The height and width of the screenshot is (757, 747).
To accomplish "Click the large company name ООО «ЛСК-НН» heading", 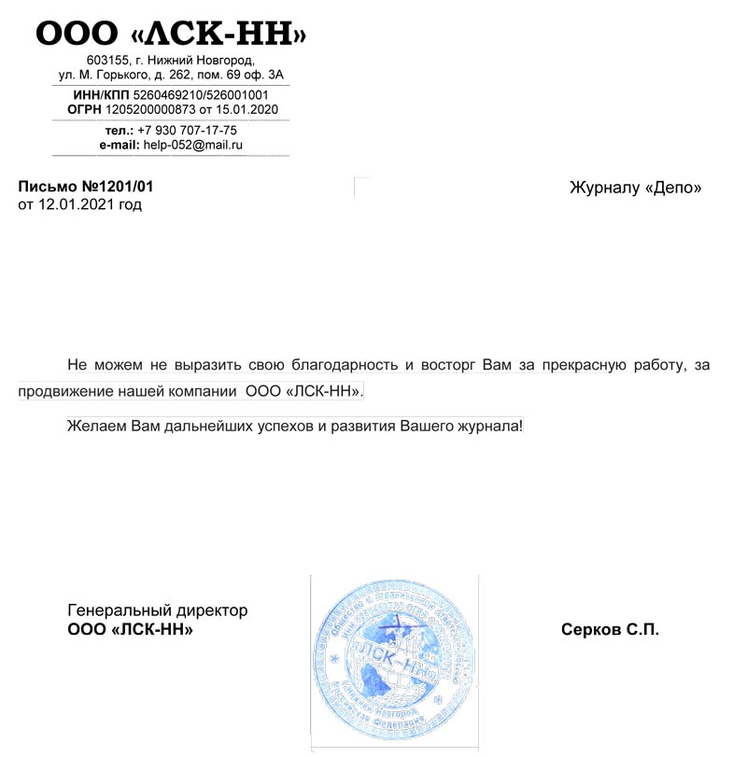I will pos(171,35).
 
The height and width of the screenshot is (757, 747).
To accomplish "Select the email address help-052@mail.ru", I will pos(192,145).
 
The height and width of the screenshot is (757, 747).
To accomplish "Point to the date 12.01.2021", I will pos(74,204).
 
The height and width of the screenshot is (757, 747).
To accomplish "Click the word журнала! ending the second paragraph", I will pos(490,427).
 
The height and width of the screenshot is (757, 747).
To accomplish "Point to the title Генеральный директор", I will pos(158,610).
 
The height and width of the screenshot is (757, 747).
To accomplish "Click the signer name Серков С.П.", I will pos(610,630).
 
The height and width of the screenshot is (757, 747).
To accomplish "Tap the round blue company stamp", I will pos(394,661).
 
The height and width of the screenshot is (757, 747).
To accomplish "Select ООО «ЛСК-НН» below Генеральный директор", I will pos(131,630).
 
